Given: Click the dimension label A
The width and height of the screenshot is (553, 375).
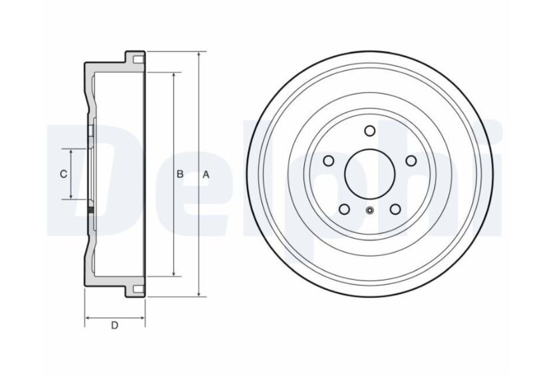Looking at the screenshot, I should pos(206,174).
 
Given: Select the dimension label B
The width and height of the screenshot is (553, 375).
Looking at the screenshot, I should pos(180,174).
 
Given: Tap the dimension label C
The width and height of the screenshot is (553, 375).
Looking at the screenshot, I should pos(63,174).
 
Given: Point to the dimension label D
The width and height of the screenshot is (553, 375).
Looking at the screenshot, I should pos(114,325).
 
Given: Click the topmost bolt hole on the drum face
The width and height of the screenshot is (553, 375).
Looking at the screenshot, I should pos(370,131).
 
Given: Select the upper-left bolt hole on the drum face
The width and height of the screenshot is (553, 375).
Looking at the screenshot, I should pos(328,161).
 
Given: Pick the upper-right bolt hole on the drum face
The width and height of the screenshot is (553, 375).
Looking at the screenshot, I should pos(411,161).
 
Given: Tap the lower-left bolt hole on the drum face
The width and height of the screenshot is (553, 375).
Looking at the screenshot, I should pos(344,209).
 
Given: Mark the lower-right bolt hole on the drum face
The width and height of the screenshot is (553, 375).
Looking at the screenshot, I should pos(395,209).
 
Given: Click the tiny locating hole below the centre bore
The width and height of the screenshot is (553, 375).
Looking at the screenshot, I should pos(370,211).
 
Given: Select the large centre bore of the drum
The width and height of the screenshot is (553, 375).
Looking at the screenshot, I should pos(369,174).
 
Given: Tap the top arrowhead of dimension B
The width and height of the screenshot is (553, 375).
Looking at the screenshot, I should pos(174,75).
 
